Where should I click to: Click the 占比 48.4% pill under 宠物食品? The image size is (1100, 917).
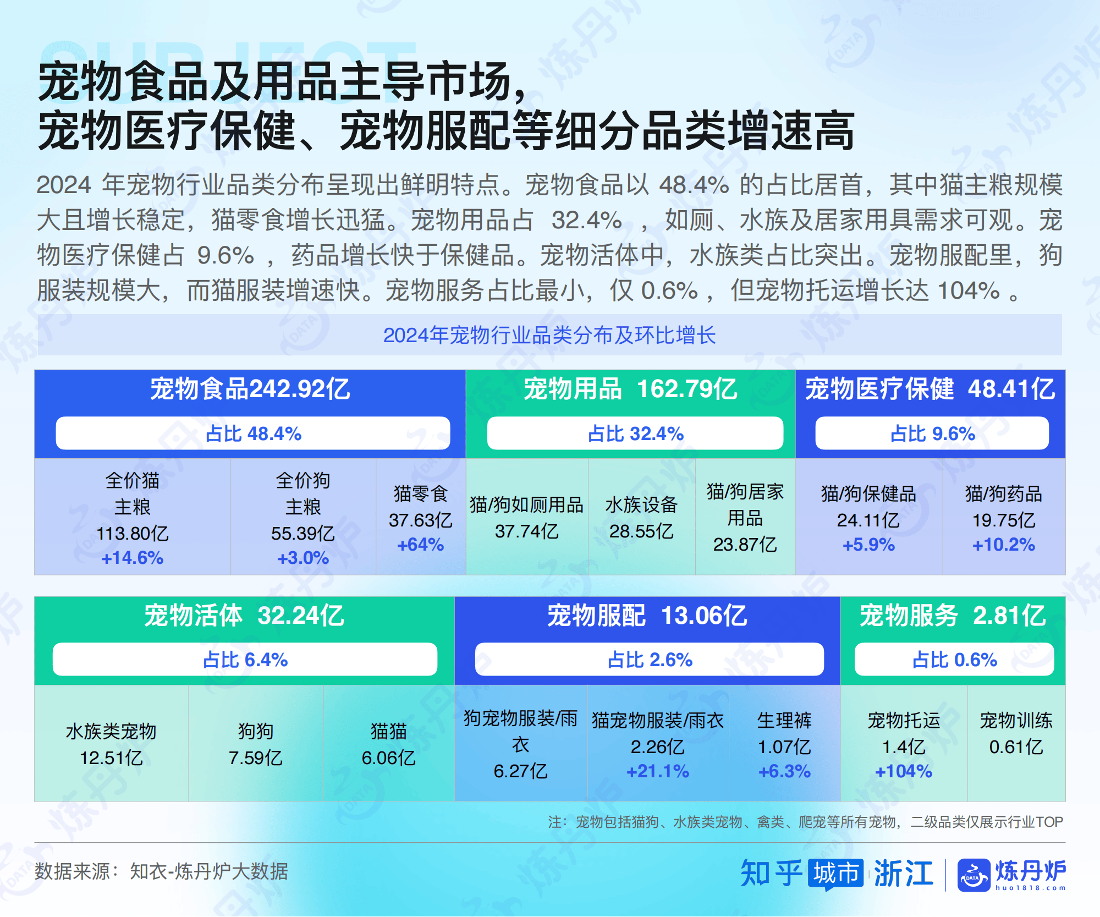253,433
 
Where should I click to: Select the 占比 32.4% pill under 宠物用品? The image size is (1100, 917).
635,433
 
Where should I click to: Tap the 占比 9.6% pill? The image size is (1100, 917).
932,433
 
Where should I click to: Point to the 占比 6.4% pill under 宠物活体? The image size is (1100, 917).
245,660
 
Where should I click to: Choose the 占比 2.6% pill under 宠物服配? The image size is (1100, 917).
650,660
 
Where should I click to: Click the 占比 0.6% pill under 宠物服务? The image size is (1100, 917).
954,660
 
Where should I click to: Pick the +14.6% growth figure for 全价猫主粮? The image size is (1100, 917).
133,558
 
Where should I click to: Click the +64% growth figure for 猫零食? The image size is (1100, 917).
421,545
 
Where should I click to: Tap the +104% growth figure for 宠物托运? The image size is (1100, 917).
904,771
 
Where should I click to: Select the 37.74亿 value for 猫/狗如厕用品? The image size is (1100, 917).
526,531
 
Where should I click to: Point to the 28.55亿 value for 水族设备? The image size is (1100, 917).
641,531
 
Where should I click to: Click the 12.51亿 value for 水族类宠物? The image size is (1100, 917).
112,758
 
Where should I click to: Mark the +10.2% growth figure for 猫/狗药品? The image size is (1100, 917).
1004,545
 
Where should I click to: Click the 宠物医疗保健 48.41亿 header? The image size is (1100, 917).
930,389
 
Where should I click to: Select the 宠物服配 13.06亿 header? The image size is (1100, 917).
647,616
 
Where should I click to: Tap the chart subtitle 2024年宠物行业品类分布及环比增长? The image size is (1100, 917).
549,335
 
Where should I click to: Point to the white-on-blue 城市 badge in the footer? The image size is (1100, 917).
836,874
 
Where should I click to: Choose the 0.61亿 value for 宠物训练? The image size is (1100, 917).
1016,747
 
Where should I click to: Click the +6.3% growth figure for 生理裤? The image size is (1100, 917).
784,771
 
